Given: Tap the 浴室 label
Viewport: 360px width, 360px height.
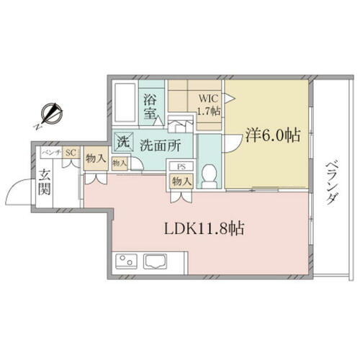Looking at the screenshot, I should (x=150, y=107).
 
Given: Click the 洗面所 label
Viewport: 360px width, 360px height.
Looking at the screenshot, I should (x=159, y=143).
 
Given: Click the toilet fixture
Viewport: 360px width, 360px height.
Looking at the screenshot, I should (x=210, y=175).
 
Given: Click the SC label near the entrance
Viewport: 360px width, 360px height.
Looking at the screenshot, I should (x=71, y=153).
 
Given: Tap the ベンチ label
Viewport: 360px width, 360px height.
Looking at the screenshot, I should (x=50, y=153).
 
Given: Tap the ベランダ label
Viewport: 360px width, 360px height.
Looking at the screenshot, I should (x=330, y=183).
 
